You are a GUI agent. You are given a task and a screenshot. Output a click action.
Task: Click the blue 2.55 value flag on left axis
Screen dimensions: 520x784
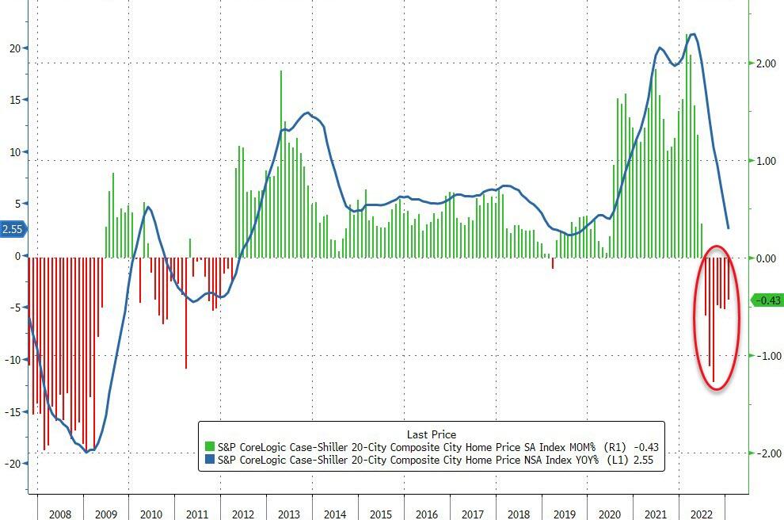point(13,230)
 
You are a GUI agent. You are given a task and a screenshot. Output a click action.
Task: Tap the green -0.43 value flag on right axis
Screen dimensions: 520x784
point(767,300)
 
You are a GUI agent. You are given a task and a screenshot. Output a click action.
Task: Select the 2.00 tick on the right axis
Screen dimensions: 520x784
point(767,63)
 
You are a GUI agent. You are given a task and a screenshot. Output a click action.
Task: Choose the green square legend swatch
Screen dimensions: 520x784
point(210,447)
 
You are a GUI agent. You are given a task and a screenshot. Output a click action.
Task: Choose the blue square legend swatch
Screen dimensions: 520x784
point(210,460)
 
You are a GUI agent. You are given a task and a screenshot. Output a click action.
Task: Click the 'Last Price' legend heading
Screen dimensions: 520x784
point(431,434)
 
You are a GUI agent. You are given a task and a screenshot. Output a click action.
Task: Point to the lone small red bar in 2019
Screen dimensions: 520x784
point(553,263)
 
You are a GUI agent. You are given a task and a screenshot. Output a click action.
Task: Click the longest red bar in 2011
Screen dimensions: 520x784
point(186,312)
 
